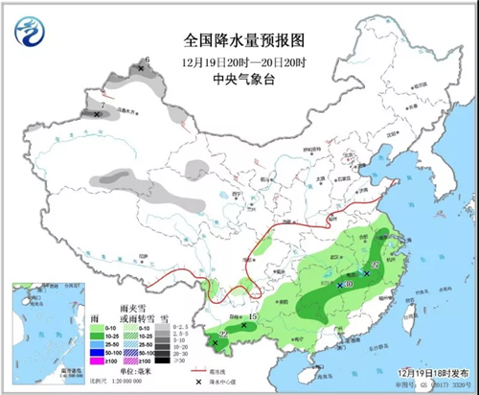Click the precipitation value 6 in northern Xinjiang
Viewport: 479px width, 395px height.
[x=147, y=59]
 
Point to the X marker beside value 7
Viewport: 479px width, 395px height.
[x=97, y=114]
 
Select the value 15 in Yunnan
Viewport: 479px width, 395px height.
[x=253, y=317]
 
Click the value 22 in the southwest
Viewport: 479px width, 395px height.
[x=223, y=333]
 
